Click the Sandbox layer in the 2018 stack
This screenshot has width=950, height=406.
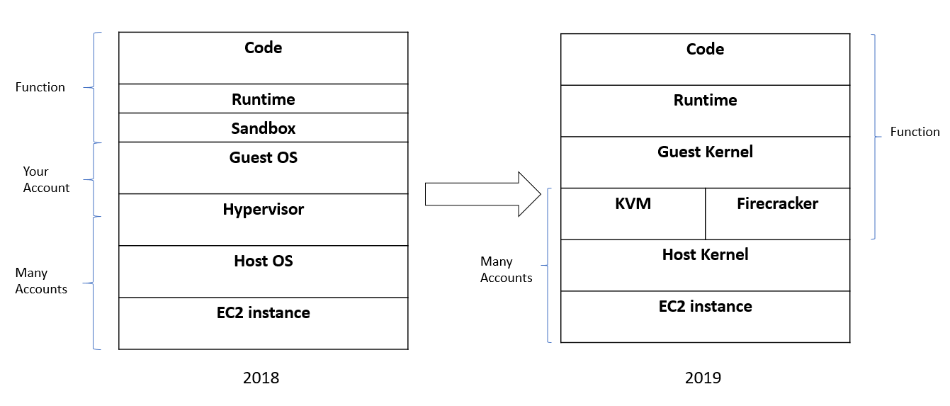263,128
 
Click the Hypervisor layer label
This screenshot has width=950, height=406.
263,210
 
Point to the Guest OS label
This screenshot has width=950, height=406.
263,158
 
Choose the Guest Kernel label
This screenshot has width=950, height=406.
705,152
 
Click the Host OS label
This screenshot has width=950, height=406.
263,261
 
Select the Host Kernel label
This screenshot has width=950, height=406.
705,255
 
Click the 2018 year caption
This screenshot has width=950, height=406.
261,378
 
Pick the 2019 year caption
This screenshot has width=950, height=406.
703,378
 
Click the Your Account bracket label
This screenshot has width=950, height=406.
46,179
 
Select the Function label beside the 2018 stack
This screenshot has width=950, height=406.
40,87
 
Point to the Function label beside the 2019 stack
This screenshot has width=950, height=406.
915,132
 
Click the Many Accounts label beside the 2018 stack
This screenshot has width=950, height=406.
41,281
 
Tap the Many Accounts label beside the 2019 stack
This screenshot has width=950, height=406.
506,270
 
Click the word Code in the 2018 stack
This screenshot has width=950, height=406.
263,48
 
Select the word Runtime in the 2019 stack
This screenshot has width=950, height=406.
705,101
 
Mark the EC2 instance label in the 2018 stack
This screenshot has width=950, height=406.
263,313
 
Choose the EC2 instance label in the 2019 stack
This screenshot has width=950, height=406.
705,307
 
